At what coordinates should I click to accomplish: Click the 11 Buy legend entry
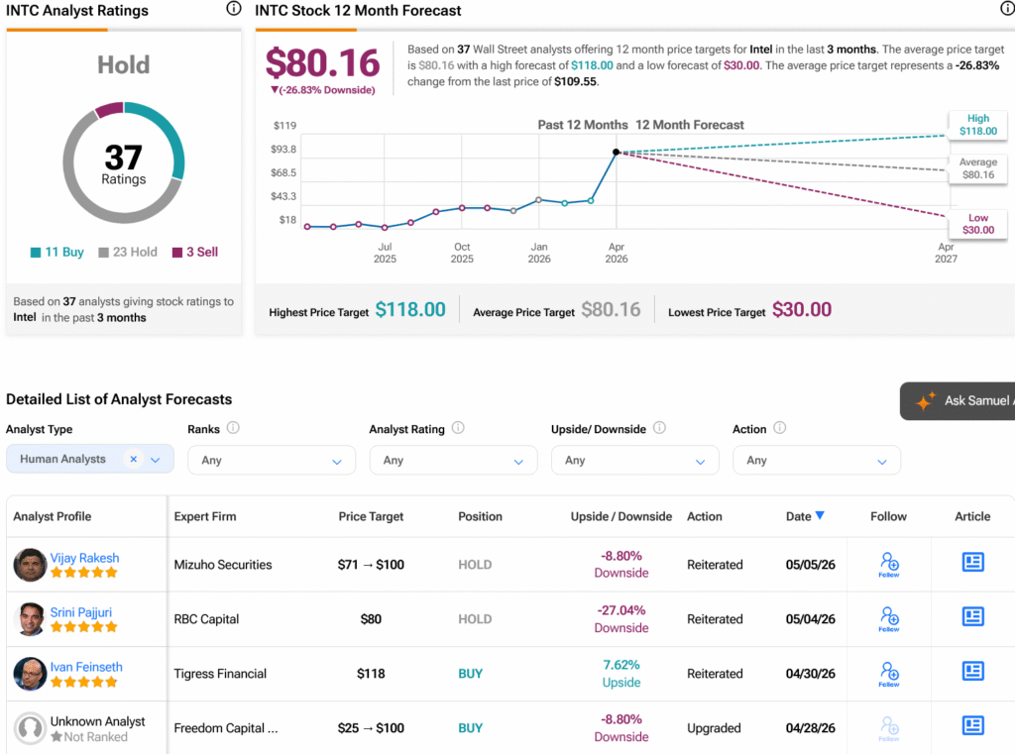tap(56, 252)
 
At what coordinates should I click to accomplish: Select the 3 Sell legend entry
tap(195, 252)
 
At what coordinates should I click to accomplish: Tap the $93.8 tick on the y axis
tap(283, 149)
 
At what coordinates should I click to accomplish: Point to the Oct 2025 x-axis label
tap(462, 253)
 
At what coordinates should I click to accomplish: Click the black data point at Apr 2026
tap(617, 153)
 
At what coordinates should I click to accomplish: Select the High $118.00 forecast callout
tap(978, 124)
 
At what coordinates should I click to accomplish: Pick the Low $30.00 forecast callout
tap(978, 224)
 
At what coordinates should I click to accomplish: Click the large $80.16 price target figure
tap(322, 62)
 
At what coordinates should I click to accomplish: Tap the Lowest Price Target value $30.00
tap(801, 309)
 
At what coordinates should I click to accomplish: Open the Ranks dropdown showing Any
tap(272, 460)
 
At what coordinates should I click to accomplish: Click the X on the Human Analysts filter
tap(134, 459)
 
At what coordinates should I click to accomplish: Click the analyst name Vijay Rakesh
tap(85, 558)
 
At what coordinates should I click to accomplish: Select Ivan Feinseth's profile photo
tap(30, 674)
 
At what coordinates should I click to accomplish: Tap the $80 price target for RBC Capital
tap(371, 619)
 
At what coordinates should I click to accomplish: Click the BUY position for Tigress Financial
tap(471, 674)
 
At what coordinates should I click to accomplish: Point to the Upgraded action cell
tap(714, 728)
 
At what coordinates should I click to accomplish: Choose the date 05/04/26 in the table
tap(811, 619)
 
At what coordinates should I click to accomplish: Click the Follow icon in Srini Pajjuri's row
tap(889, 618)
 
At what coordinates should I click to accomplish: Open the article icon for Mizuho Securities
tap(973, 562)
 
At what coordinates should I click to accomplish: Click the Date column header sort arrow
tap(820, 515)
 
